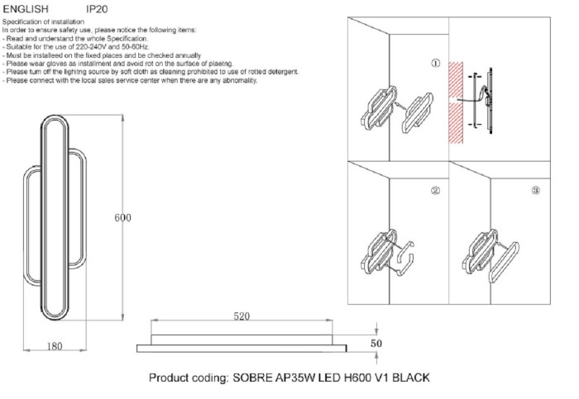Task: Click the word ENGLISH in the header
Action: (28, 8)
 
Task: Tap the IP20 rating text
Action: (96, 8)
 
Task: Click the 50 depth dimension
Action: (376, 341)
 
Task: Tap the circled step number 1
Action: (436, 63)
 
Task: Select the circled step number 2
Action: (436, 190)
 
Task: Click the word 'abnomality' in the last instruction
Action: (241, 80)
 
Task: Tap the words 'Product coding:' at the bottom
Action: (189, 378)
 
